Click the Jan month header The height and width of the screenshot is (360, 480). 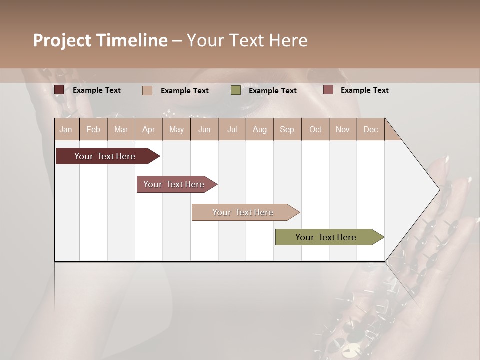click(x=66, y=129)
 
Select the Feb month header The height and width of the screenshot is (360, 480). click(x=93, y=129)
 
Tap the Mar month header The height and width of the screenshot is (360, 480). click(x=121, y=129)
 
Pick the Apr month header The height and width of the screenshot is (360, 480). click(x=149, y=129)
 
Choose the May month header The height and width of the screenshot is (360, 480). click(x=176, y=129)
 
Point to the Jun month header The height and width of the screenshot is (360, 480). click(x=204, y=129)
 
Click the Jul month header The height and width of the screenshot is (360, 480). click(x=232, y=129)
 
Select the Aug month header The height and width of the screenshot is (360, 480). click(x=260, y=129)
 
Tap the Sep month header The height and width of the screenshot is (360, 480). click(x=287, y=129)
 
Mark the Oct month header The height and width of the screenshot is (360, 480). click(x=315, y=129)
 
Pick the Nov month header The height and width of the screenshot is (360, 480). click(x=343, y=129)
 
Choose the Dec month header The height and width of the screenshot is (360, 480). click(x=371, y=129)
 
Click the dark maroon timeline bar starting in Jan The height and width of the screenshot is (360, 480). click(x=105, y=156)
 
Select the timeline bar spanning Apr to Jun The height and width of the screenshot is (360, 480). click(x=174, y=184)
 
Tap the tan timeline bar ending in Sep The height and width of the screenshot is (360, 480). click(x=243, y=212)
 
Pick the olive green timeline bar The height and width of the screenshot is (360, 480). click(x=326, y=237)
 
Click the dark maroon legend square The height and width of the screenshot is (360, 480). click(x=59, y=90)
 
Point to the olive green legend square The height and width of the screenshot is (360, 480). click(x=236, y=90)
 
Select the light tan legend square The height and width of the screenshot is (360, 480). click(x=147, y=90)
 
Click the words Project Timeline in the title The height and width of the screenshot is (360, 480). click(x=100, y=40)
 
